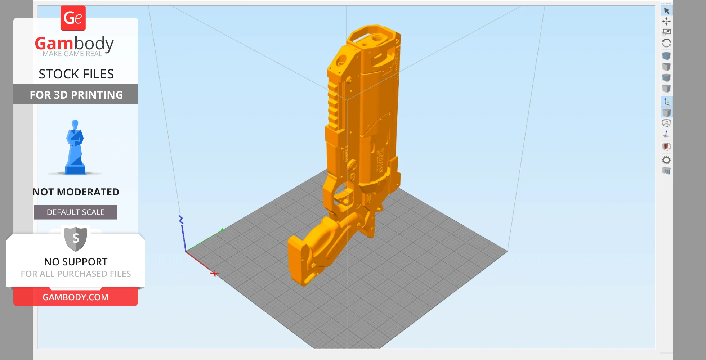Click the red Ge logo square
coord(73,18)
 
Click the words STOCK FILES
coord(76,74)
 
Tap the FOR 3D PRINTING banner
coord(76,95)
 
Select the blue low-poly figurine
coord(75,148)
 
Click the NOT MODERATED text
coord(76,192)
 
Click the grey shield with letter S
coord(76,238)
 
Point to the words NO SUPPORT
coord(76,262)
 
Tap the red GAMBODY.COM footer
coord(76,297)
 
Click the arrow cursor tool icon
coord(666,11)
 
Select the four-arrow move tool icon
coord(666,21)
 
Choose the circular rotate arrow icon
coord(666,43)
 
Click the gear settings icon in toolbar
coord(666,160)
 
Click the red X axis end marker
coord(215,274)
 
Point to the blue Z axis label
coord(181,219)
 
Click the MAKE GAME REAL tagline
coord(72,54)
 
